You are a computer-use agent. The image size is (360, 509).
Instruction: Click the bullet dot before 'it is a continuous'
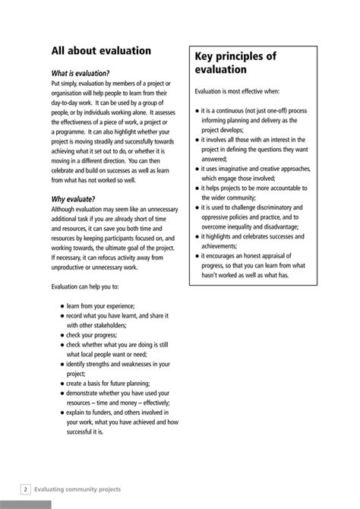(x=197, y=111)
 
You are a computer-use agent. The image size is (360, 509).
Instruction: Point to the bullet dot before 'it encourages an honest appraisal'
(x=197, y=255)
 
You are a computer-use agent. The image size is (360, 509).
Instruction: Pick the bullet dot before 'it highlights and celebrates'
(x=197, y=236)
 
